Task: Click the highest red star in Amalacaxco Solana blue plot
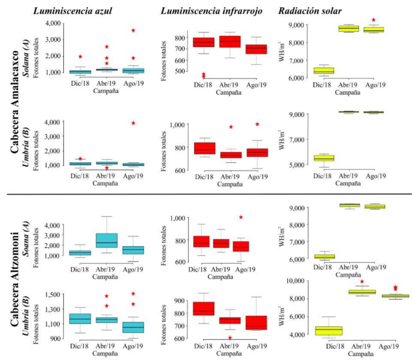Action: click(133, 30)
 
